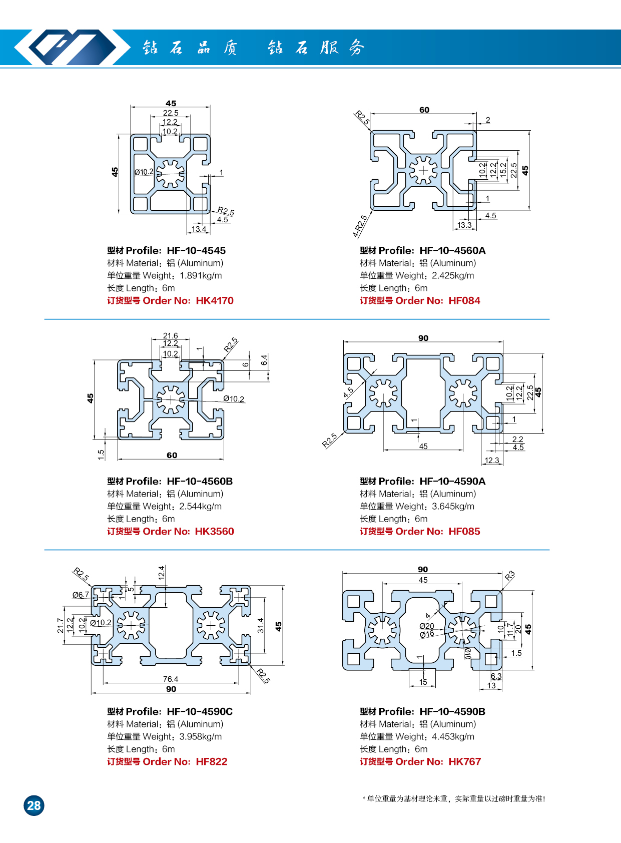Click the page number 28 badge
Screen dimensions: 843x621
point(34,805)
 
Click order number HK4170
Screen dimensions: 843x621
point(215,301)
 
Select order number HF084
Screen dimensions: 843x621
point(464,301)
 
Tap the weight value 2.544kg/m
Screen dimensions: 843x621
point(201,506)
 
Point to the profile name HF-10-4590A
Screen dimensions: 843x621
point(452,481)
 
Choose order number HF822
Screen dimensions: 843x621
point(211,761)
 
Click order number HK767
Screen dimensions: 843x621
point(464,761)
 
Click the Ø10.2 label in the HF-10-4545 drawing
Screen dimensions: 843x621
point(144,172)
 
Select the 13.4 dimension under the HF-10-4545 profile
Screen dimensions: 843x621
point(199,229)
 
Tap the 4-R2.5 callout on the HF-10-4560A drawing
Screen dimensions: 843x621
point(360,226)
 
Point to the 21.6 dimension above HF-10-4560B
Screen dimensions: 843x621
point(170,336)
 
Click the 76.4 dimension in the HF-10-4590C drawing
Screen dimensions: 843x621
point(171,679)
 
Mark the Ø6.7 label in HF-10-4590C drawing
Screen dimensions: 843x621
point(81,595)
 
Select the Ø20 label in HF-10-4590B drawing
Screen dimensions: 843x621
point(426,626)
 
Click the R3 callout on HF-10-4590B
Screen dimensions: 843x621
point(509,576)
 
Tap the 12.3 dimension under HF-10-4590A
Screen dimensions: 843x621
point(491,461)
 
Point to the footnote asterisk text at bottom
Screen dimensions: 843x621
point(453,799)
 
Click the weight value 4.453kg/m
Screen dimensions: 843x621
point(453,736)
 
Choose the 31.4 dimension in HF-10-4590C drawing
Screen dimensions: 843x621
point(260,625)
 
